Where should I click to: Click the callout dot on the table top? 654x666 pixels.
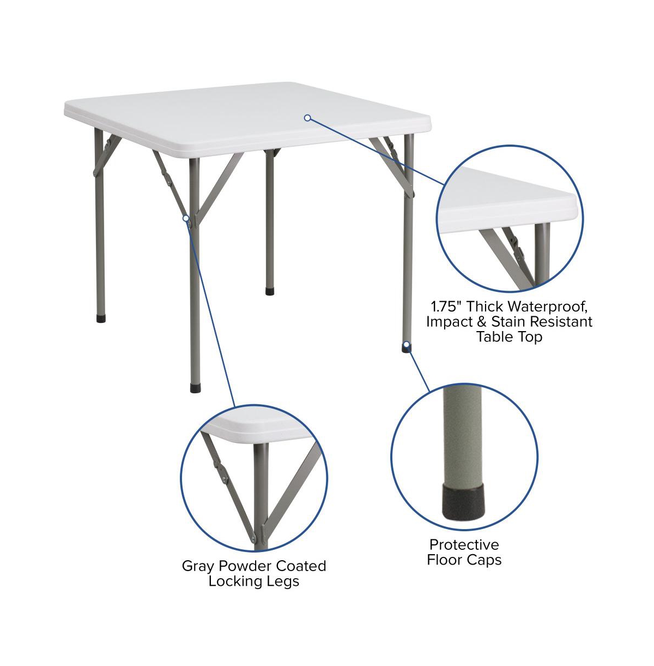click(x=307, y=118)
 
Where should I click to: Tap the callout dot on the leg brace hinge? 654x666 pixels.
click(x=186, y=218)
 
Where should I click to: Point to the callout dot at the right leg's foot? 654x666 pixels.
click(x=407, y=344)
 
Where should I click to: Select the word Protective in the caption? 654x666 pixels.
click(x=464, y=545)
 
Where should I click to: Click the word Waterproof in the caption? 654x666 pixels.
click(x=548, y=306)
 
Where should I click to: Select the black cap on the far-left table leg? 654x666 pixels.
click(x=101, y=318)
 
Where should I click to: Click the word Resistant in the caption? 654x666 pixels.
click(x=561, y=321)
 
